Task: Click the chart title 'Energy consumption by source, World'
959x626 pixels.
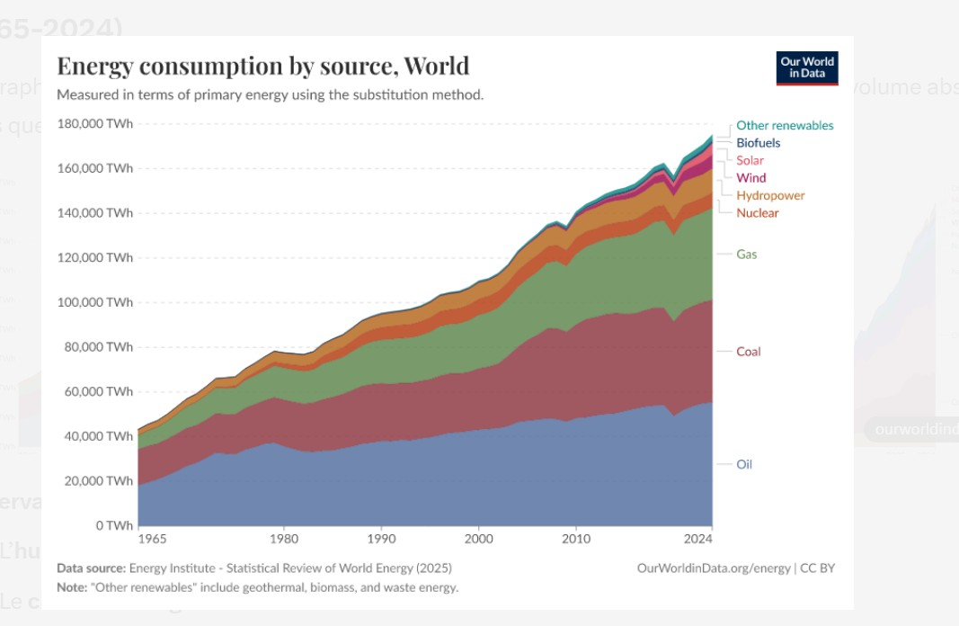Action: (262, 67)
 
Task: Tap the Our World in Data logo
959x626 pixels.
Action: (807, 68)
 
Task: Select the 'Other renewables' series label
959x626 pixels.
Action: (785, 126)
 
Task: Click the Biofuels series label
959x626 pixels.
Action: (759, 143)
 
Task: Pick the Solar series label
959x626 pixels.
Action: (750, 161)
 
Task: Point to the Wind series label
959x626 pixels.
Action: (751, 178)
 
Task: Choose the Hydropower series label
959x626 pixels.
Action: (770, 195)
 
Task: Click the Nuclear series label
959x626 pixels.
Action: (758, 213)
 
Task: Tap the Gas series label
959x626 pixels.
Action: (747, 255)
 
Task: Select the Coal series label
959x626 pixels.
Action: (749, 352)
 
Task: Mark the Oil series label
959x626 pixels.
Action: (744, 465)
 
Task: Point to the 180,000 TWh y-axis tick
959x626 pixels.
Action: (94, 124)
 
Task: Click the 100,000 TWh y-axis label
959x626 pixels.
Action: (94, 302)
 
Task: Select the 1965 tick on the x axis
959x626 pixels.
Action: (152, 540)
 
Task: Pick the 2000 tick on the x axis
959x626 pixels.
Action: (479, 540)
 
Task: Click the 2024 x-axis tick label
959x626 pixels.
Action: (698, 540)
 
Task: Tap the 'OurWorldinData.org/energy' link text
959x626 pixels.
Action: (713, 568)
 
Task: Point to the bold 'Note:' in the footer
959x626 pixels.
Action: (73, 588)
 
